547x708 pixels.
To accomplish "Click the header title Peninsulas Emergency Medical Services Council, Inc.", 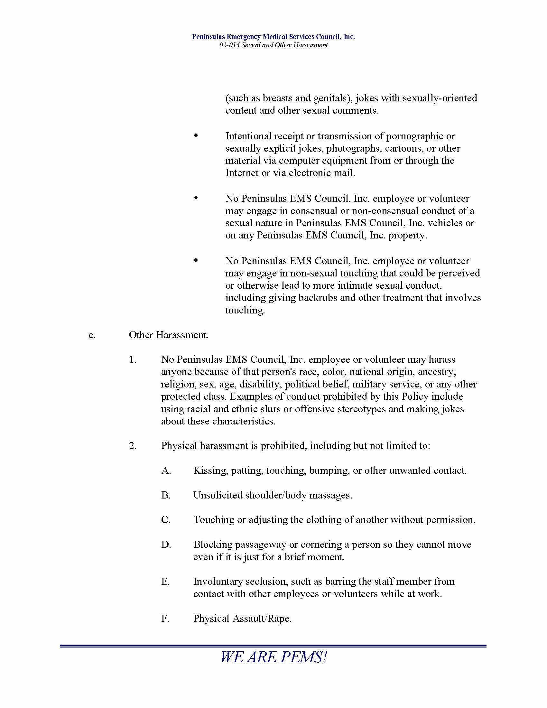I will [273, 37].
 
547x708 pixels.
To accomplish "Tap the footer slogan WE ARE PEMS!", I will [273, 657].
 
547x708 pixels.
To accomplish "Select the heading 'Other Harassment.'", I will [169, 335].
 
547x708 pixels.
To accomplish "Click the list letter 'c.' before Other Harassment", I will [92, 335].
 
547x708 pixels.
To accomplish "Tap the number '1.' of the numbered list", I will [133, 359].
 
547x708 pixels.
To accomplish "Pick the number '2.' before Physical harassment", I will [133, 446].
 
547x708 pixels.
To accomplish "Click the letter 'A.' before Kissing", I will [166, 470].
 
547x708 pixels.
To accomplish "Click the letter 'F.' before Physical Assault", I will [165, 619].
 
